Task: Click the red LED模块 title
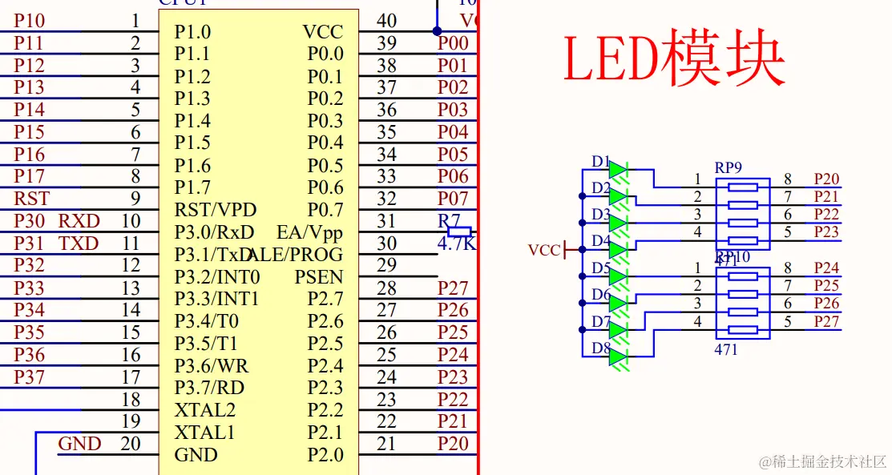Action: coord(674,58)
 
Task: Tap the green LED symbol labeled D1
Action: coord(617,169)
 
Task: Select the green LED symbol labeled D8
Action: coord(617,356)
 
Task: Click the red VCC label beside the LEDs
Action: coord(544,251)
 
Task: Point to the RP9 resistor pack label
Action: coord(729,167)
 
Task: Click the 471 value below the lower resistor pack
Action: coord(726,349)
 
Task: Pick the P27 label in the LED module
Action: coord(826,321)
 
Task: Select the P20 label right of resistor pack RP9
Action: coord(826,179)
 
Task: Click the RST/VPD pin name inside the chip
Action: coord(216,210)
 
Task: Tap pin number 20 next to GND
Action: coord(130,443)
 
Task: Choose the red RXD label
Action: coord(79,221)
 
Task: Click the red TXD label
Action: coord(79,244)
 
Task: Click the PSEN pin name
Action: coord(318,277)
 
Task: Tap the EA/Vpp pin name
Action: coord(309,232)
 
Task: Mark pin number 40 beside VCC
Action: coord(386,21)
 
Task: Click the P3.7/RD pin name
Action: coord(209,388)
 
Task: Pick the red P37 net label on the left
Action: coord(30,376)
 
